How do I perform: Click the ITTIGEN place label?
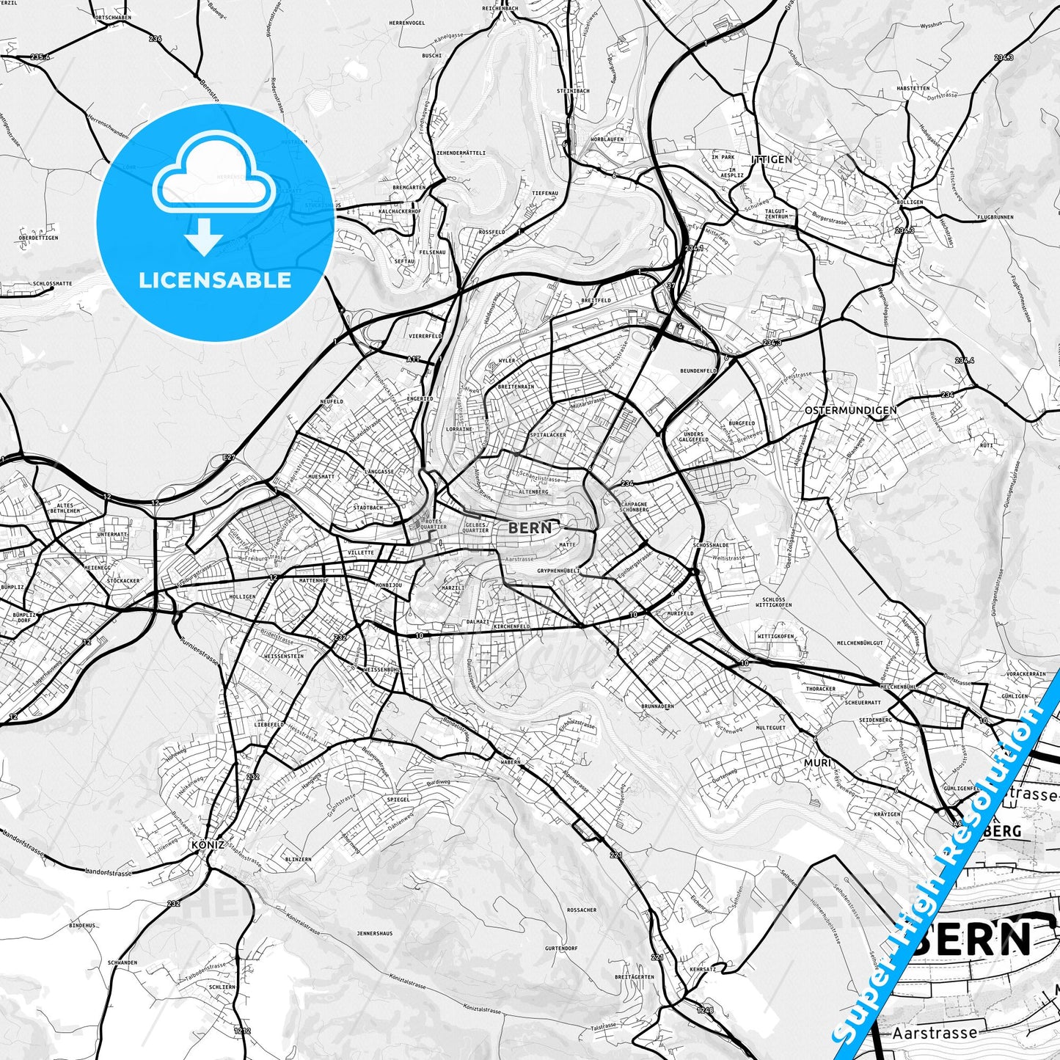[771, 158]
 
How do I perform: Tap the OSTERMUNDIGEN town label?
[850, 411]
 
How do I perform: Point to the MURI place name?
[817, 763]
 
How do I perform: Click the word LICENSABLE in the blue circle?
[215, 279]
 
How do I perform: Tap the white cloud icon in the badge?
[213, 175]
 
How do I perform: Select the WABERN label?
[511, 761]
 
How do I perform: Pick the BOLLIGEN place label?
[910, 202]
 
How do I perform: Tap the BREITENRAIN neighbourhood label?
[516, 386]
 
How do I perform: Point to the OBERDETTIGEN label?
[38, 238]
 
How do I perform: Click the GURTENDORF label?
[561, 948]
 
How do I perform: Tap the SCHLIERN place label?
[222, 987]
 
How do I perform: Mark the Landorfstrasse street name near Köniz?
[109, 873]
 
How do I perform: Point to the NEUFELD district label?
[332, 402]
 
